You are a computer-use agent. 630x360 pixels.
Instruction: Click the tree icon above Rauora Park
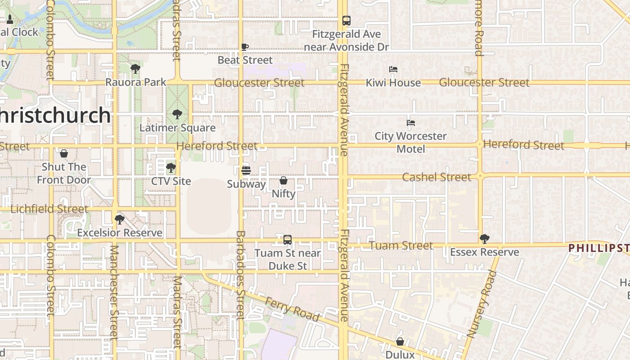pos(135,69)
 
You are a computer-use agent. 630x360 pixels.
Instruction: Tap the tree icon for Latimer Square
pos(177,114)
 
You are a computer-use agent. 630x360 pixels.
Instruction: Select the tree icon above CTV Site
pos(171,168)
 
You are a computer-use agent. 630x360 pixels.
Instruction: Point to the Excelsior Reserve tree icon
pos(119,219)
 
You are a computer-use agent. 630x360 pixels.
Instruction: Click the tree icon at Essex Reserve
pos(484,238)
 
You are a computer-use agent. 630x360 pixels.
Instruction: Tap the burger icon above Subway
pos(246,171)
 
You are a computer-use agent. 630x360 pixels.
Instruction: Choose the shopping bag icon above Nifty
pos(283,180)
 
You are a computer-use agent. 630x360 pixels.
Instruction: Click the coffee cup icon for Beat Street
pos(245,47)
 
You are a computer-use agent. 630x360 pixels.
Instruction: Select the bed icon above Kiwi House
pos(393,69)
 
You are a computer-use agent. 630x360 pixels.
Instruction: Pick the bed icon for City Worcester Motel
pos(410,122)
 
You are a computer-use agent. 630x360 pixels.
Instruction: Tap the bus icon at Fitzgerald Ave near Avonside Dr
pos(346,21)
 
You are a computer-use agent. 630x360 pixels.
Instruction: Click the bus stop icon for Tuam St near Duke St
pos(288,240)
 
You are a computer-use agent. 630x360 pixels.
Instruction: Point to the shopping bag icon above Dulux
pos(400,342)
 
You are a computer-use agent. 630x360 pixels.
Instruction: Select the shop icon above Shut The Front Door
pos(64,153)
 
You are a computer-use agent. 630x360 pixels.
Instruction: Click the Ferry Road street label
pos(292,309)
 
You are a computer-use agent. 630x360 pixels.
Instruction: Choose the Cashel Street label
pos(436,177)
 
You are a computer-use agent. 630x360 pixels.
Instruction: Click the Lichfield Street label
pos(49,209)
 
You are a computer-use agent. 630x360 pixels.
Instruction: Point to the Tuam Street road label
pos(401,246)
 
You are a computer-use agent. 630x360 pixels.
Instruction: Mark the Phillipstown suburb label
pos(598,248)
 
